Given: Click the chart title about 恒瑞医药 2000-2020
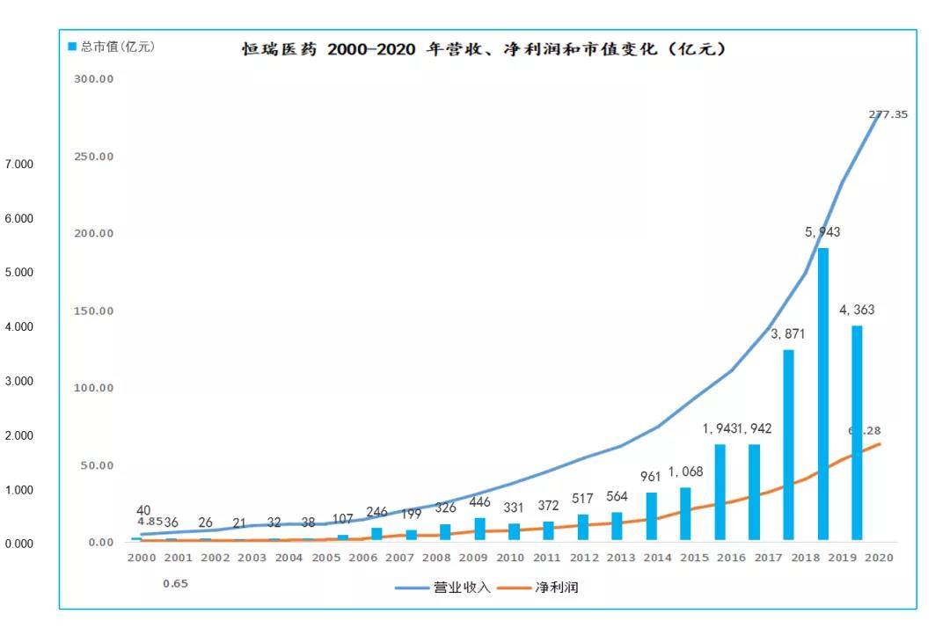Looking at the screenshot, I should [485, 49].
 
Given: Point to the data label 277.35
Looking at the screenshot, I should [888, 114].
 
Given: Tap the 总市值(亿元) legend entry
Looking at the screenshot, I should [112, 47].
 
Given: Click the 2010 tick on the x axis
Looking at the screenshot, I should [511, 558].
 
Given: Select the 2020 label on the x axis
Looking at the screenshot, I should [880, 558].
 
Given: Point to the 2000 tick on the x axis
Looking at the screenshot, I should [141, 558].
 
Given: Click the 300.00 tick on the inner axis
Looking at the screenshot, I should [94, 79].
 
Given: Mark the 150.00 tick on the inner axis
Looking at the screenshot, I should [94, 311].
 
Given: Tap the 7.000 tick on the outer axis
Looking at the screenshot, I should [18, 164].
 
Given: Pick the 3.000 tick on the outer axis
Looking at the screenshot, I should [18, 381].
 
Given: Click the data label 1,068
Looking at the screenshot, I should [685, 472].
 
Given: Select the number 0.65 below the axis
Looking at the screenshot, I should [175, 583].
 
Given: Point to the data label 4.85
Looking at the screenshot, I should [150, 521].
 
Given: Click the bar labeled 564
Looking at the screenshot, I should [617, 526].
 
